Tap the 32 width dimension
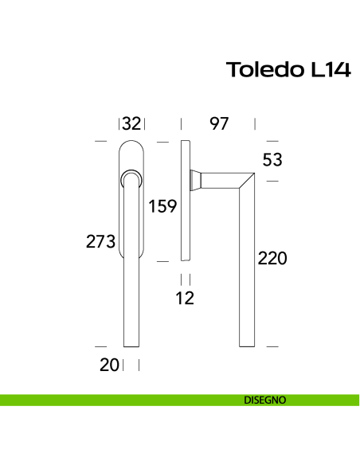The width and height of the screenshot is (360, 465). pos(131,123)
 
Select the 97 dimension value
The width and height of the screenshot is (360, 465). pos(219,123)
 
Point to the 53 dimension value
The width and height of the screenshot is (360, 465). pos(272,160)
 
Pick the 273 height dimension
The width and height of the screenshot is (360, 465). pos(101,241)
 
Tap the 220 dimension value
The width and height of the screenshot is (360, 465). pos(272,258)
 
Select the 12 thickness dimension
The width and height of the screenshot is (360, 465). pos(185,299)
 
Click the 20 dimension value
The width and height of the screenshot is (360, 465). pos(109,365)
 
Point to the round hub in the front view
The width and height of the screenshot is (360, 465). pos(131,180)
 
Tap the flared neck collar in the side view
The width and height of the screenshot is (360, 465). pos(196,181)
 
